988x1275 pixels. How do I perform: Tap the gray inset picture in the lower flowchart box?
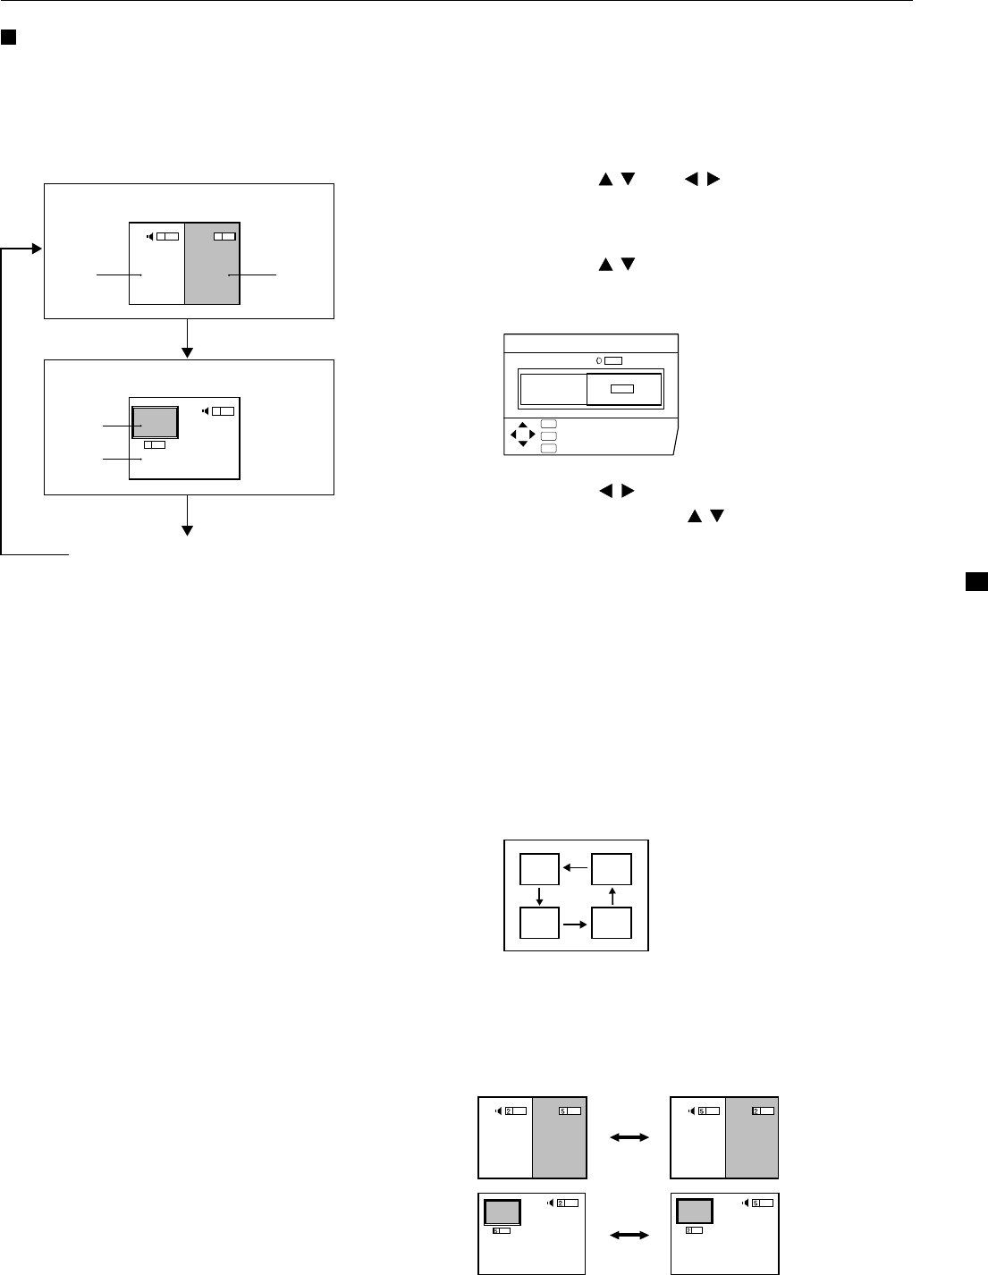[156, 422]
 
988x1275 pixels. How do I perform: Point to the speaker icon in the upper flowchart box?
[149, 236]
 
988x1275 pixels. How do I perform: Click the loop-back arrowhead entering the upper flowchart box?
[37, 249]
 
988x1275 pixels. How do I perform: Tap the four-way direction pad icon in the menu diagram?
[522, 435]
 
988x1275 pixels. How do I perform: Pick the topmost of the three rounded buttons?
[548, 424]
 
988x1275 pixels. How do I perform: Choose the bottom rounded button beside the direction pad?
[548, 447]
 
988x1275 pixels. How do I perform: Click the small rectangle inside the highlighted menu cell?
[623, 389]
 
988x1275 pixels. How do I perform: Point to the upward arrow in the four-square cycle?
[612, 894]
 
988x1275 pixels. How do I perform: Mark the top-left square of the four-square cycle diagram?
[540, 868]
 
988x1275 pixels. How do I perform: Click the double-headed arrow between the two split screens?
[629, 1137]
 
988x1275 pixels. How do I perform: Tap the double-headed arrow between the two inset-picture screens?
[629, 1235]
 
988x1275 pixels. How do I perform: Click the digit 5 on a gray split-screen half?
[562, 1110]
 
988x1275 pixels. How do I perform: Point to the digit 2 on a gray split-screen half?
[756, 1110]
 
